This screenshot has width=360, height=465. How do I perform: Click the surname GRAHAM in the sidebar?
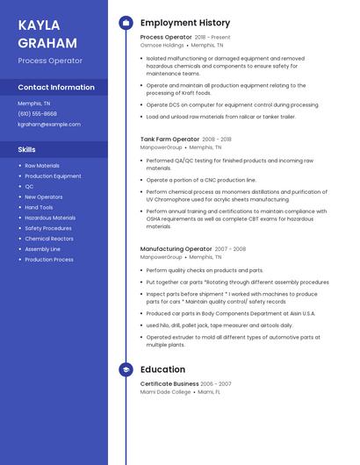pyautogui.click(x=47, y=42)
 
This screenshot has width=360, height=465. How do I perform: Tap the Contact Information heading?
pyautogui.click(x=56, y=87)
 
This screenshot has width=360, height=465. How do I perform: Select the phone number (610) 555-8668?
pyautogui.click(x=37, y=114)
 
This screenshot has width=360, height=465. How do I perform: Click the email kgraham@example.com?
pyautogui.click(x=48, y=125)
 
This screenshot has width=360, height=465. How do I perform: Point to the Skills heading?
pyautogui.click(x=26, y=149)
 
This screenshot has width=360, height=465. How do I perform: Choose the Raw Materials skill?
pyautogui.click(x=42, y=166)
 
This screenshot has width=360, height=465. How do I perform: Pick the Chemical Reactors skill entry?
pyautogui.click(x=49, y=239)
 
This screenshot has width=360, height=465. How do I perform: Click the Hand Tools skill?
pyautogui.click(x=39, y=207)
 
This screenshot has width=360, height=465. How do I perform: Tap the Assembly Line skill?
pyautogui.click(x=43, y=249)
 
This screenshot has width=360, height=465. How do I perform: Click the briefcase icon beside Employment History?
pyautogui.click(x=126, y=23)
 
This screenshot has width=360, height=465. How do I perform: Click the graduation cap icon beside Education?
pyautogui.click(x=126, y=369)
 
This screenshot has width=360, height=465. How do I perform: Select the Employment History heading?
pyautogui.click(x=185, y=23)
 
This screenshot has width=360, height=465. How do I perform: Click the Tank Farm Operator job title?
pyautogui.click(x=169, y=139)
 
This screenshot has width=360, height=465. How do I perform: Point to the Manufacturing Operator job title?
pyautogui.click(x=176, y=249)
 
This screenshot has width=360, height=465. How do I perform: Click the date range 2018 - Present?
pyautogui.click(x=212, y=37)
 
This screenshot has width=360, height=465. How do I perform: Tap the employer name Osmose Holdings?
pyautogui.click(x=162, y=45)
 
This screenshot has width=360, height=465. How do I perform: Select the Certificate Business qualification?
pyautogui.click(x=169, y=383)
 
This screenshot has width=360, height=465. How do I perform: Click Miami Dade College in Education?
pyautogui.click(x=165, y=391)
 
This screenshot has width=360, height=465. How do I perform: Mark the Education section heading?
pyautogui.click(x=162, y=369)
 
